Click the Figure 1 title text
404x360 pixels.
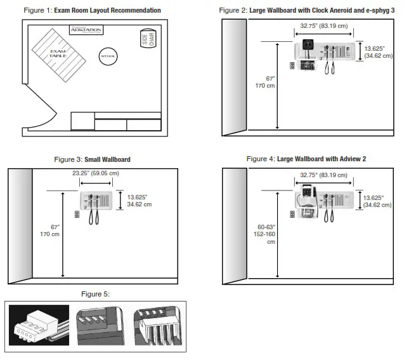92,10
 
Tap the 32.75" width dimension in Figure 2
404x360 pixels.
324,26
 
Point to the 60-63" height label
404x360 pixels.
266,232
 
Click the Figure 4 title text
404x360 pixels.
306,159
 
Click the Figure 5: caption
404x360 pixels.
95,294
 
